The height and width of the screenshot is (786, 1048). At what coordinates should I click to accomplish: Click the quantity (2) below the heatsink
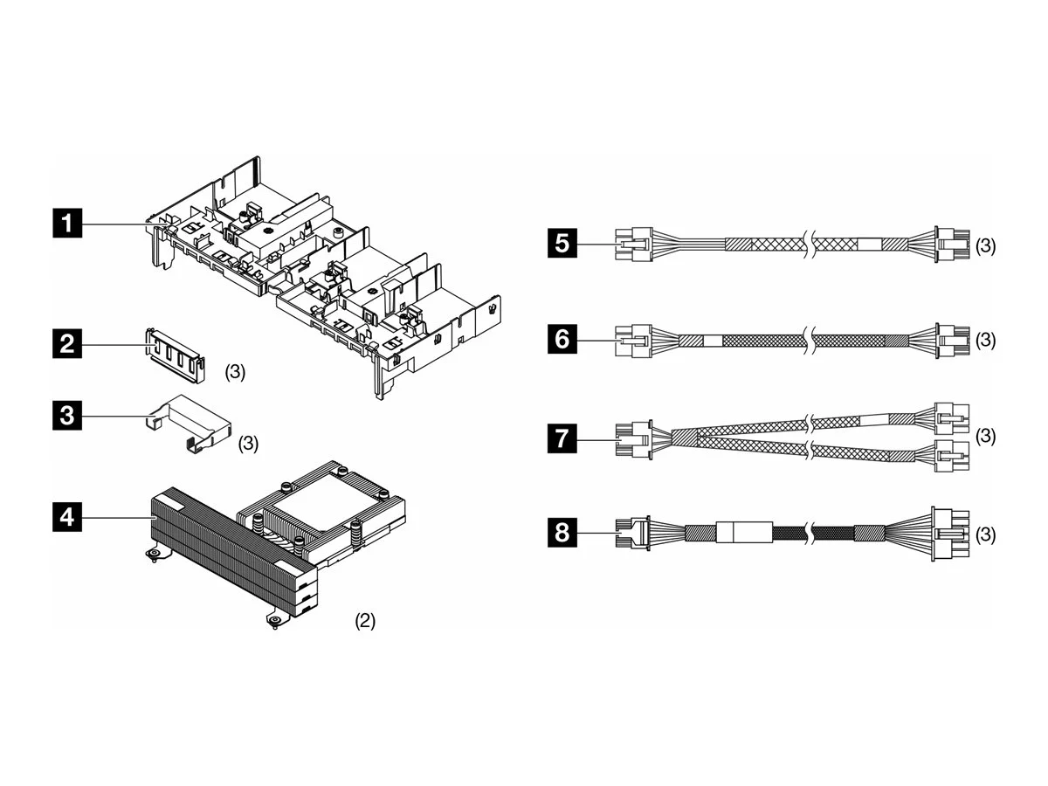point(365,621)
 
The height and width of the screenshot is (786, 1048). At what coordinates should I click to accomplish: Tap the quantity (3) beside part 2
point(236,371)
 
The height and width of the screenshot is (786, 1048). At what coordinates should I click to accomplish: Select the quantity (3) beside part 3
point(249,444)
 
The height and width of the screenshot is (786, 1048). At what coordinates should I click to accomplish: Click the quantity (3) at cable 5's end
point(986,246)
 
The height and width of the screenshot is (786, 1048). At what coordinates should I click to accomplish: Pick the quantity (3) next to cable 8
point(986,533)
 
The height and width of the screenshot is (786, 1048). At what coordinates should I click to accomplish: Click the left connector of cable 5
point(633,245)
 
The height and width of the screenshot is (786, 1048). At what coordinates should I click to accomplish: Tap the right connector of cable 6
point(950,340)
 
